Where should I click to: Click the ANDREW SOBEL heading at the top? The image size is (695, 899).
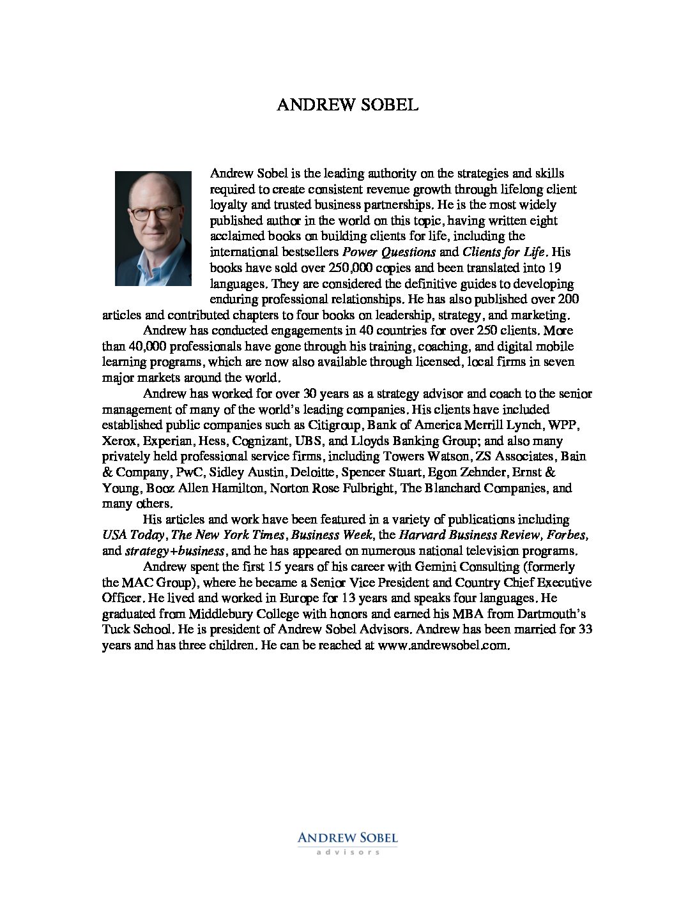(347, 105)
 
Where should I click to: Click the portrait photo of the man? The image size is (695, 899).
(153, 228)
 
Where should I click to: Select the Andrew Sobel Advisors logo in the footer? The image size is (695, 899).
(347, 842)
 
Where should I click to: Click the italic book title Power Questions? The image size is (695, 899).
(389, 252)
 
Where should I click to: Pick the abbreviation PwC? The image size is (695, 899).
(188, 472)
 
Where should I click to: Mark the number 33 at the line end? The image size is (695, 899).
(586, 630)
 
